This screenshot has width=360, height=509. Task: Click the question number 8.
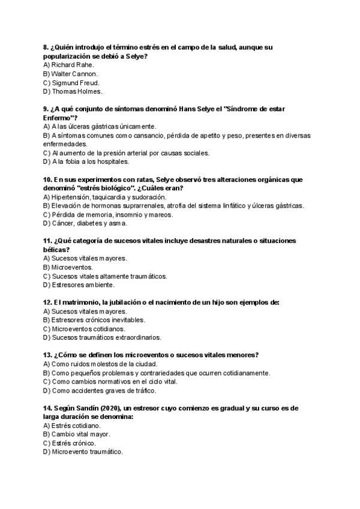46,47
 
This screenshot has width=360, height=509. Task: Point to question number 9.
46,109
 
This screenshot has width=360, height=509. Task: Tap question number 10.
47,179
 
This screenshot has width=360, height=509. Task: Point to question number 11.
47,241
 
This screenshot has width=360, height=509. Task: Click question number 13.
47,355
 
